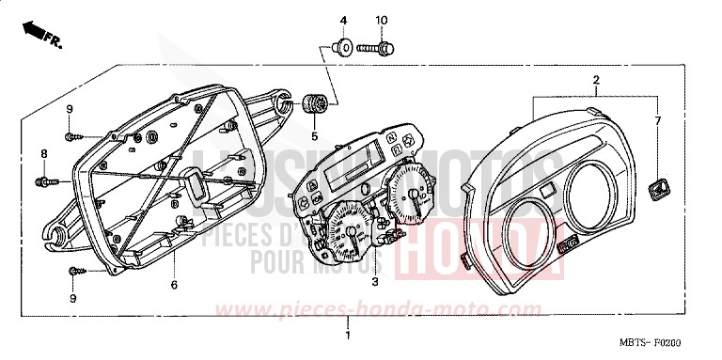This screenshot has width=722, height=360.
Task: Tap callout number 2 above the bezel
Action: click(x=595, y=81)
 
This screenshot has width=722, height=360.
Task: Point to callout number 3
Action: click(x=374, y=281)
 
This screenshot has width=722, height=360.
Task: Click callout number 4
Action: click(x=343, y=21)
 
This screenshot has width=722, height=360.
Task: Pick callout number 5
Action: click(x=315, y=134)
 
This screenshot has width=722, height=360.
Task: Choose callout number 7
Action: click(x=658, y=121)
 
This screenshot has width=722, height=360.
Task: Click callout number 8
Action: click(x=42, y=153)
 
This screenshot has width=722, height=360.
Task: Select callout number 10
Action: click(x=381, y=21)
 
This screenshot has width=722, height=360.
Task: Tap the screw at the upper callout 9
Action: click(x=73, y=136)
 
